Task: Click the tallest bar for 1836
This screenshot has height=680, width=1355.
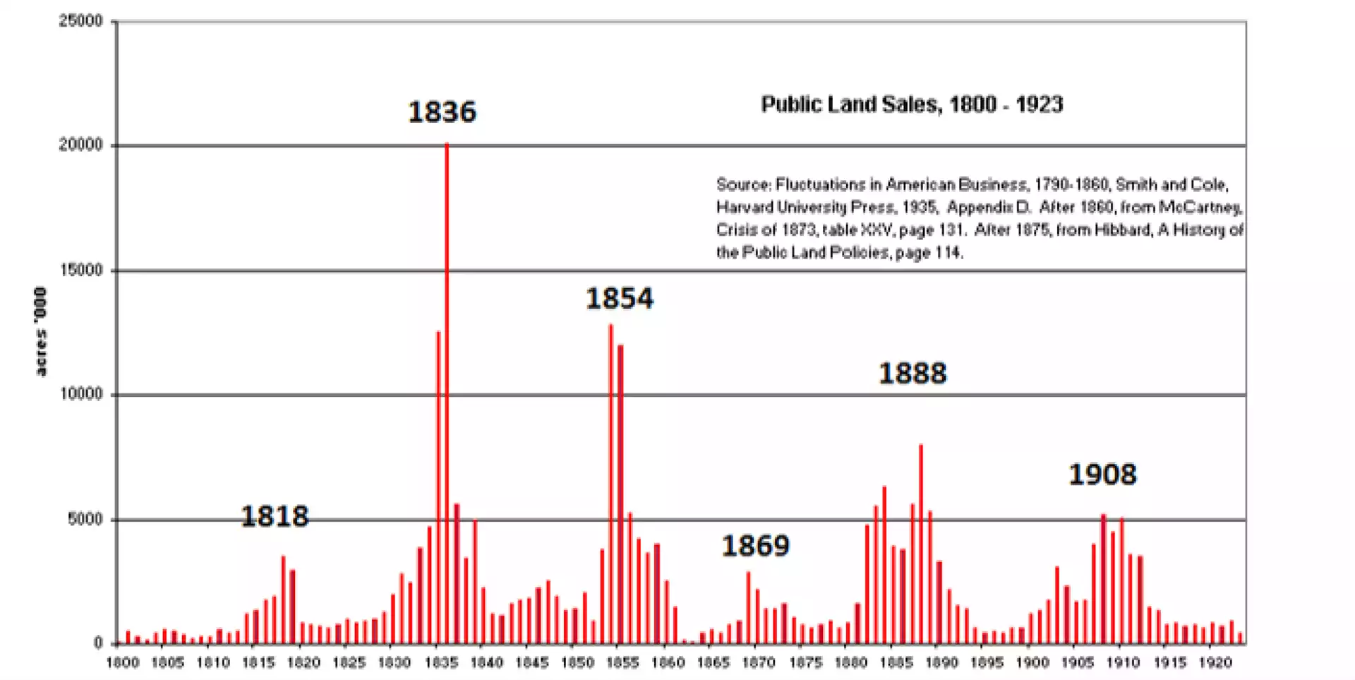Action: (446, 395)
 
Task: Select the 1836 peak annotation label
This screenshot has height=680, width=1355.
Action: (442, 112)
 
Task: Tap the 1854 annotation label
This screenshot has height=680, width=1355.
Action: (619, 298)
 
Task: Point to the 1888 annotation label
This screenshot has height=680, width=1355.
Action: (912, 373)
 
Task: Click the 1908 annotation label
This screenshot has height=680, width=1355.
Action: (1102, 474)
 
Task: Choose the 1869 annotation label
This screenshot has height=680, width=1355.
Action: (755, 545)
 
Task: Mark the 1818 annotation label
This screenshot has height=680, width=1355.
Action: (275, 516)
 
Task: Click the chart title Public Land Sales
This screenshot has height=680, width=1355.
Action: (911, 105)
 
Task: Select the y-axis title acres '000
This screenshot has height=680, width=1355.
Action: (40, 331)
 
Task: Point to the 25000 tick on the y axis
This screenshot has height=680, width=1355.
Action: (80, 21)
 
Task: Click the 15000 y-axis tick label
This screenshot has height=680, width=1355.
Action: (80, 270)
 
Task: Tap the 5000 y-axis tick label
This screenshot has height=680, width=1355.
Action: (85, 519)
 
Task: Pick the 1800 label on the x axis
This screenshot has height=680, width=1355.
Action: (123, 662)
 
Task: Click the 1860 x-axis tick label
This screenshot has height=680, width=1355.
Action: (668, 662)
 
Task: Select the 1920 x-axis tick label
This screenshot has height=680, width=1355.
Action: (1215, 662)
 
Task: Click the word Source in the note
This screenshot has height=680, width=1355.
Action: (742, 185)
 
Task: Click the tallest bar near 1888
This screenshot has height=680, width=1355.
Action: (920, 544)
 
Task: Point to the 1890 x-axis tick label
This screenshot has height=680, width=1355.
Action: (941, 662)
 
